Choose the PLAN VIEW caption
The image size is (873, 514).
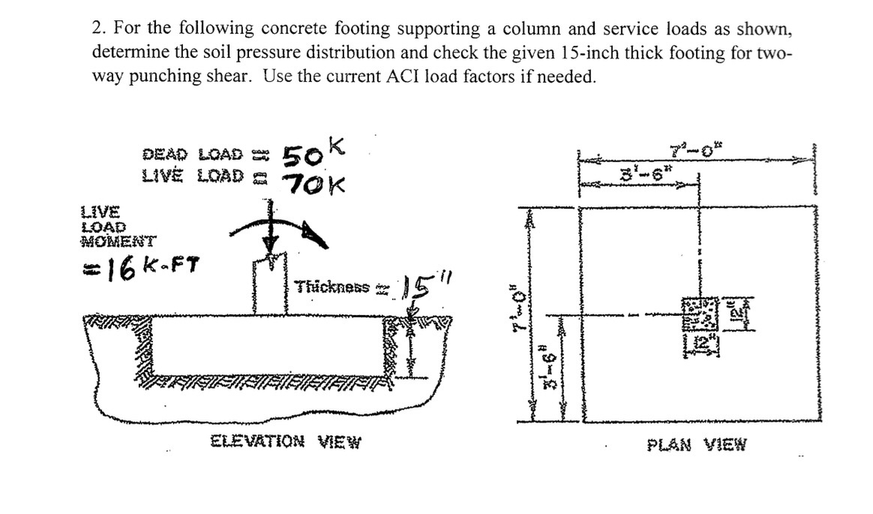point(697,444)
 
